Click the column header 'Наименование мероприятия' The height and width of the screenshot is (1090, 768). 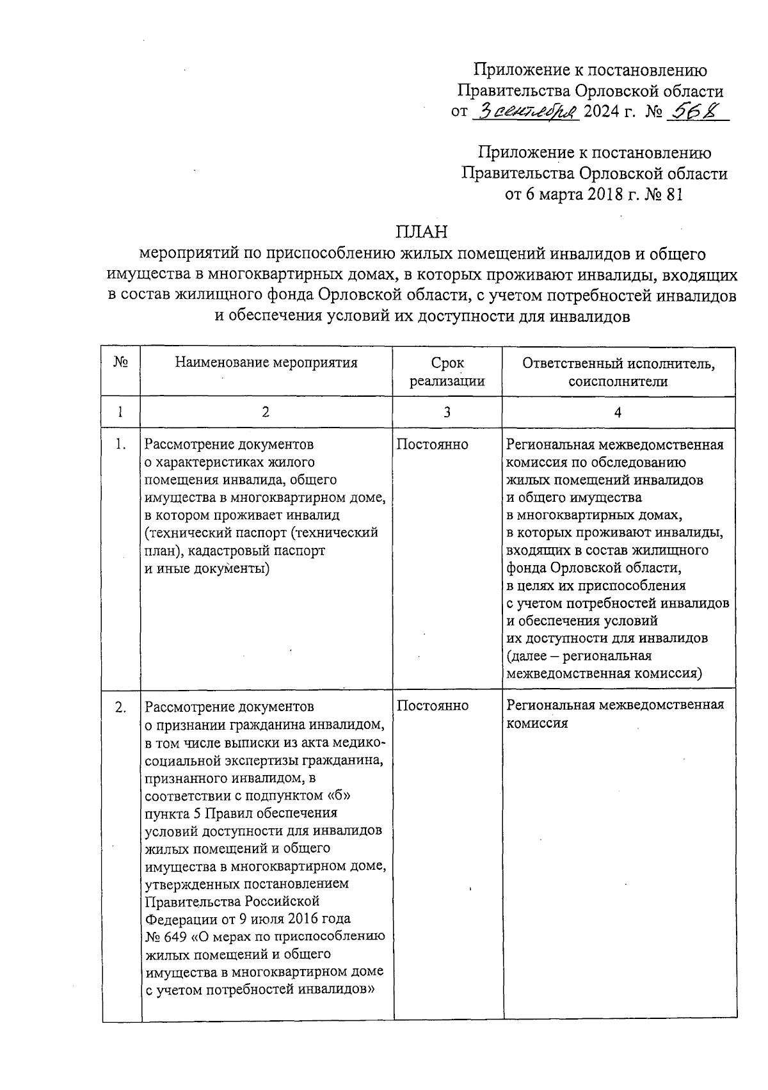tap(266, 363)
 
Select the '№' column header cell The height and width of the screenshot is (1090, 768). tap(121, 362)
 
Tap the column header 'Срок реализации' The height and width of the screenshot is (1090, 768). tap(447, 372)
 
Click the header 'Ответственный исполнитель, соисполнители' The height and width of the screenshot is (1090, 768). tap(618, 372)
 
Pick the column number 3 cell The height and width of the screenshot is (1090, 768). tap(447, 412)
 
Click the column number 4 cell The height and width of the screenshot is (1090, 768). tap(618, 412)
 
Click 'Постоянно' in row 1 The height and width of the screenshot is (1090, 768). tap(433, 444)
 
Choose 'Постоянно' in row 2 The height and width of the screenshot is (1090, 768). tap(433, 705)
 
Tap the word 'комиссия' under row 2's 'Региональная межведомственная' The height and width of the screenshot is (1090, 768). tap(538, 723)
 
